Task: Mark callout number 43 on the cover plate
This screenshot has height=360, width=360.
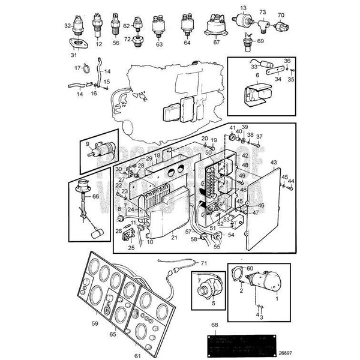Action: (274, 163)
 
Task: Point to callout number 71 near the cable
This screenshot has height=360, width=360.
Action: (203, 263)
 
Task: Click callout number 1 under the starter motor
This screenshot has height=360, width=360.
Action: (277, 297)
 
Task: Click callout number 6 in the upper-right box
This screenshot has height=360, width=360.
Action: (240, 75)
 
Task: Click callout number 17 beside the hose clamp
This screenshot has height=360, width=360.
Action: (77, 68)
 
